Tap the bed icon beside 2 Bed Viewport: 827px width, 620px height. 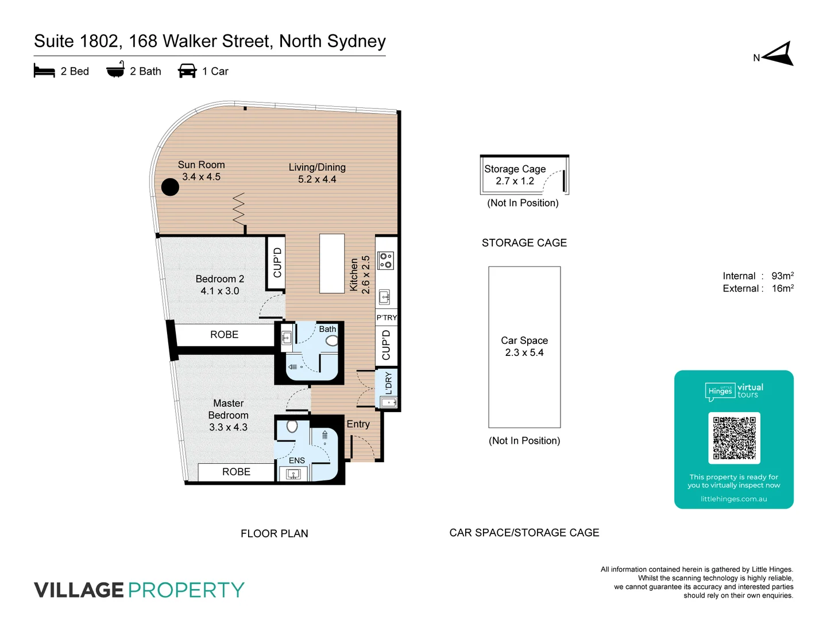coord(44,71)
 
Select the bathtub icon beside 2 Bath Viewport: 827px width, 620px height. coord(115,70)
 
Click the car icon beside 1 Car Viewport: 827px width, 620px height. coord(187,71)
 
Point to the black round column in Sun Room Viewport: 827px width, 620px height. coord(170,187)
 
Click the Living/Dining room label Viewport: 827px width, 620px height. coord(317,168)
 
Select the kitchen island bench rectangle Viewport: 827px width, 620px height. coord(332,263)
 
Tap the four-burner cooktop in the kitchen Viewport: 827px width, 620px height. coord(386,261)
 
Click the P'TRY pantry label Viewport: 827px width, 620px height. coord(387,317)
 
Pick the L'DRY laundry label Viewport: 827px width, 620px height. coord(388,383)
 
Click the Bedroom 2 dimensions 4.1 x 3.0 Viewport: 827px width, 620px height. coord(219,291)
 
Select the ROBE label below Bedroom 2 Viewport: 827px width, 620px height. coord(224,335)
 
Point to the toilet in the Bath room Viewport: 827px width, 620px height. coord(332,341)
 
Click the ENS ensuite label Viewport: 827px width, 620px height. coord(297,460)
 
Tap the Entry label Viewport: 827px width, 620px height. coord(358,424)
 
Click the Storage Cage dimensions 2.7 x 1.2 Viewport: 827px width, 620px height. coord(515,181)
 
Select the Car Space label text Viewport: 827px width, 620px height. coord(524,340)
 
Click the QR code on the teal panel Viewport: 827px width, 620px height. coord(734,438)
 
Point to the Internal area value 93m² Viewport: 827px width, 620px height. coord(782,276)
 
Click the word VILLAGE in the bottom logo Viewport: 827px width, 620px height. coord(79,590)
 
